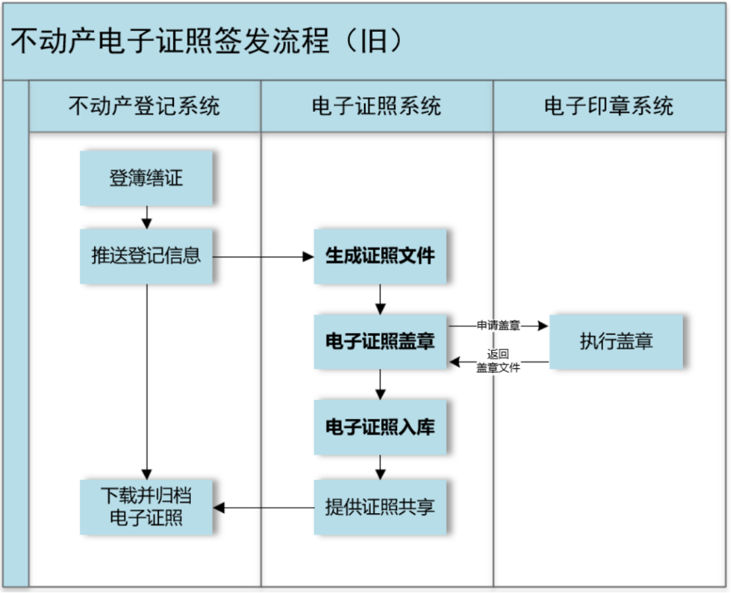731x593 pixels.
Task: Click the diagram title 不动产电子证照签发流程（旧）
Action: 207,41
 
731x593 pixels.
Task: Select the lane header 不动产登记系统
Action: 145,106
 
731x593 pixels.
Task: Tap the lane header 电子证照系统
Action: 377,106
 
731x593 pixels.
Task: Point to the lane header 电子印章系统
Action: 609,106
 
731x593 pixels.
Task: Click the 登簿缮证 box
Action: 146,178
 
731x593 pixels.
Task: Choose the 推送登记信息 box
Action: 146,256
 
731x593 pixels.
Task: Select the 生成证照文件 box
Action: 380,256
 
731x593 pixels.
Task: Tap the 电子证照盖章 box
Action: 380,341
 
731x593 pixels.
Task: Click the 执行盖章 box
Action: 616,341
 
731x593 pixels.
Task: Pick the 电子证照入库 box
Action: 380,427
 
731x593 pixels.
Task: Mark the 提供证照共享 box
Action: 380,507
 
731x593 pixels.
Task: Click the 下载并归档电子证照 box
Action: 146,507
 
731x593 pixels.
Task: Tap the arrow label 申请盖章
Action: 498,326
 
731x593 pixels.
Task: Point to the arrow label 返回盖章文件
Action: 498,361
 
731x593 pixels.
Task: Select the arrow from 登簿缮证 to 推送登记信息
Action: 146,217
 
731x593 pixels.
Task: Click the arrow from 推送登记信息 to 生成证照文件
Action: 263,257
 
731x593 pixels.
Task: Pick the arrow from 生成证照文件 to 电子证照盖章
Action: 380,299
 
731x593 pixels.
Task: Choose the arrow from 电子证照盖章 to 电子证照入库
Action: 380,384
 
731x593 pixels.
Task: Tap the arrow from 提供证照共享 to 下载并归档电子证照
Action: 263,507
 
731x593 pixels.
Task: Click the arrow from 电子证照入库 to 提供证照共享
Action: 380,467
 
